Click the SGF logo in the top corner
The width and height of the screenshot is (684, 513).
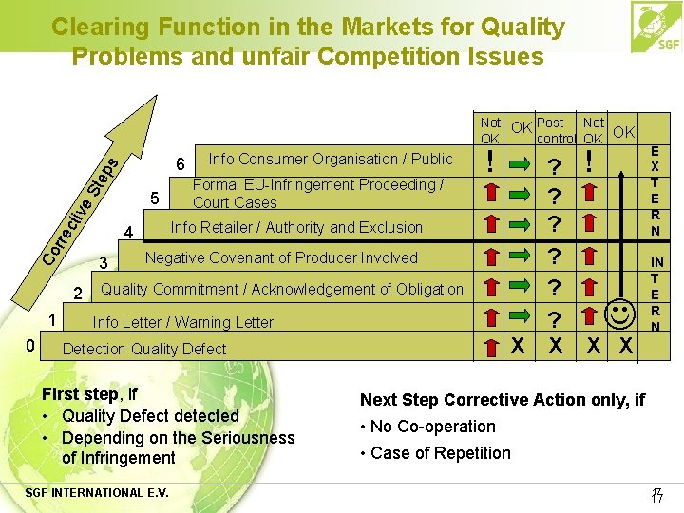tap(655, 28)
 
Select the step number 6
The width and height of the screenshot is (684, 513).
tap(180, 163)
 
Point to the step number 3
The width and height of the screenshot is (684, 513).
tap(107, 263)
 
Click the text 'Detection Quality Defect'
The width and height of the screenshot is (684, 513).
tap(143, 349)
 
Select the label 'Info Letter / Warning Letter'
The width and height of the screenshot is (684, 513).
tap(182, 322)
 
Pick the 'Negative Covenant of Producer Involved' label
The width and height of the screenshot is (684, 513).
tap(280, 257)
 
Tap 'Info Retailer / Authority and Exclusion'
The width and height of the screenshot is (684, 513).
tap(295, 227)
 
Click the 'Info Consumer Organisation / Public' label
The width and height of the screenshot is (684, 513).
tap(331, 159)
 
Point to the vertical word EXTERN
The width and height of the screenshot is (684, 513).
tap(655, 190)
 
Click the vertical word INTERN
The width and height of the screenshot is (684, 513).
tap(655, 294)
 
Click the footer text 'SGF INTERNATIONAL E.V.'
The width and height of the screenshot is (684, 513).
tap(105, 492)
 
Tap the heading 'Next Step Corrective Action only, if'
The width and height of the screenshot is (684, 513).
tap(502, 400)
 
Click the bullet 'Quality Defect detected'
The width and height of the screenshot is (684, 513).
tap(149, 416)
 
